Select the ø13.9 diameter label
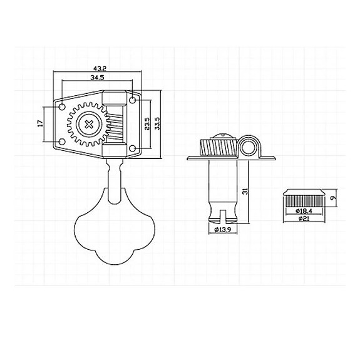click(224, 230)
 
